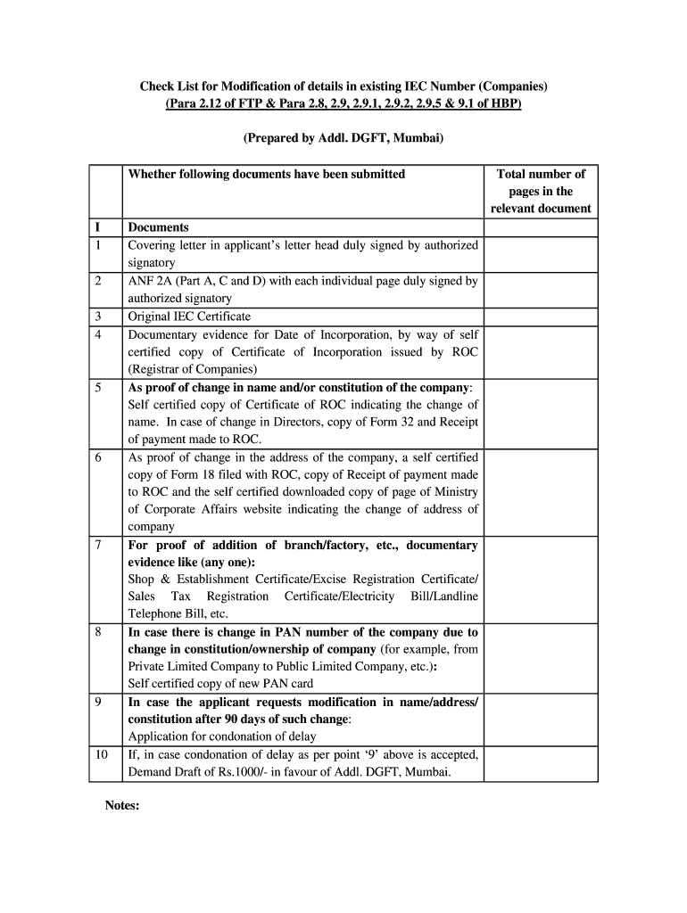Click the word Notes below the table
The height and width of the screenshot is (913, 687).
coord(122,805)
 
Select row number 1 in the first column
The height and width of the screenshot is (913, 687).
coord(97,245)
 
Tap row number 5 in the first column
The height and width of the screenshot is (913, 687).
coord(97,388)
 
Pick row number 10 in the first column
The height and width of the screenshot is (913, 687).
coord(101,754)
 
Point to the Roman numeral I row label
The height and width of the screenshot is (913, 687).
coord(96,227)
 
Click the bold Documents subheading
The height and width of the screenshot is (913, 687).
coord(158,227)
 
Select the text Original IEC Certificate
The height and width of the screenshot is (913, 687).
coord(189,317)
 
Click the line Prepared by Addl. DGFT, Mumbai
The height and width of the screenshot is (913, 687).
coord(343,139)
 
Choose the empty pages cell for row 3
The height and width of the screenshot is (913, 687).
coord(541,317)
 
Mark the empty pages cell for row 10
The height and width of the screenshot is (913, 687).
coord(541,763)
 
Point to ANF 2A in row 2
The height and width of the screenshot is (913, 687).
coord(150,281)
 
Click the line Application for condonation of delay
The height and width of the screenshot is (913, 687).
coord(222,736)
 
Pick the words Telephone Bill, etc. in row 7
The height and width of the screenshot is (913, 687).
coord(178,613)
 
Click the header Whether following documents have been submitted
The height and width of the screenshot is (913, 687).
coord(266,174)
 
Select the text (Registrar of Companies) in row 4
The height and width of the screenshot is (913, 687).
coord(193,369)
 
